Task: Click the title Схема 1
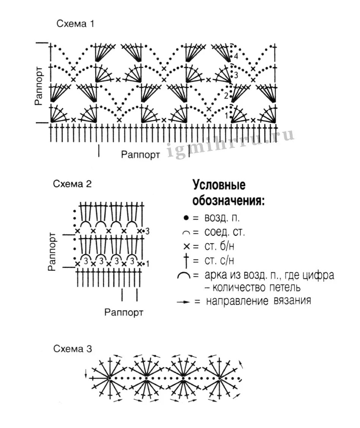(75, 24)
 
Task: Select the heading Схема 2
(72, 184)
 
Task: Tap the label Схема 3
(72, 348)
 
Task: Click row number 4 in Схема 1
(236, 56)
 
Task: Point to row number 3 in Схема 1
(236, 75)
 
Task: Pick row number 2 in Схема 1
(226, 96)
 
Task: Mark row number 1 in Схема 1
(227, 116)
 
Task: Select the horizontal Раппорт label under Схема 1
(141, 155)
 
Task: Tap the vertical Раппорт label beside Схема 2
(53, 251)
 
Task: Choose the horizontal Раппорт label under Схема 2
(124, 313)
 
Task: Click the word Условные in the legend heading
(219, 186)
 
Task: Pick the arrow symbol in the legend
(183, 302)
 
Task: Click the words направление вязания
(258, 301)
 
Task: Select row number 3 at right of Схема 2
(148, 231)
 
